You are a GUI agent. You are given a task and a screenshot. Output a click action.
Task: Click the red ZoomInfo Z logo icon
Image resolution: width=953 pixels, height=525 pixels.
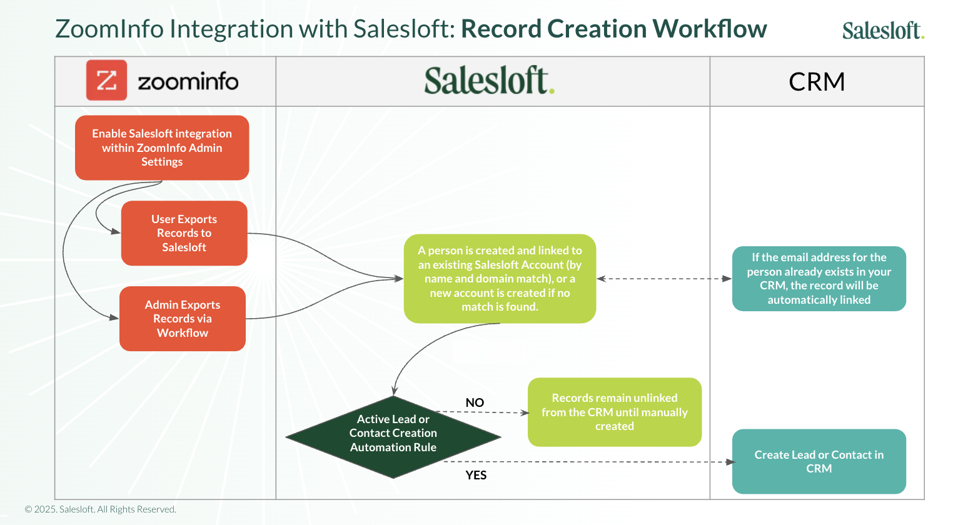[x=106, y=80]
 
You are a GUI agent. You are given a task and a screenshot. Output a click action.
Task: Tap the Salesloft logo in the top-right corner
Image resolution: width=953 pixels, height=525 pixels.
[x=882, y=30]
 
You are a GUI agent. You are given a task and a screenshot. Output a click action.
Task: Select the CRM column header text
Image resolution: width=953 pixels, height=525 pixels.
[x=817, y=82]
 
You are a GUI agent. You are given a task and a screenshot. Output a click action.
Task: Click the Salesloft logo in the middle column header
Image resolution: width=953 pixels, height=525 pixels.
[x=489, y=81]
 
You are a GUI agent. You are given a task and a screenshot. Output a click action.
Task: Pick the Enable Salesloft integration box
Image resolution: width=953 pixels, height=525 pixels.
[x=162, y=147]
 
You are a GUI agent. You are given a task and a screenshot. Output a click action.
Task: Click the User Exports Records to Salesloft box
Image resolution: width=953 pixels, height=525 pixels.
[x=184, y=233]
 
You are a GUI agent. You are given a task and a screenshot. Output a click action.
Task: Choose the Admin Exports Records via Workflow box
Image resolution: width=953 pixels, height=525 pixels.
[x=182, y=319]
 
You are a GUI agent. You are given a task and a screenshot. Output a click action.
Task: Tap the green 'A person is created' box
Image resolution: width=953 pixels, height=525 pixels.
[x=500, y=279]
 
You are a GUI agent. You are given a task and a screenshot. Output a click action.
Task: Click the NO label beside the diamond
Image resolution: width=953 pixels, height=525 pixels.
[x=475, y=402]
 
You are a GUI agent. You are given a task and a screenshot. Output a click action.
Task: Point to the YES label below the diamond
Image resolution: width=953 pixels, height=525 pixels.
[x=476, y=475]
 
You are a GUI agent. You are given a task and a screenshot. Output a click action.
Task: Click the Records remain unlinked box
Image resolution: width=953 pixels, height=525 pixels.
[x=614, y=412]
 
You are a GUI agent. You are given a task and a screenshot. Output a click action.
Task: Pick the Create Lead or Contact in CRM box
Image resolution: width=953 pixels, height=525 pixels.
[x=819, y=461]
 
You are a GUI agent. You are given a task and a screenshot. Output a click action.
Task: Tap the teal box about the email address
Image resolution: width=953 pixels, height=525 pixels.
[x=819, y=279]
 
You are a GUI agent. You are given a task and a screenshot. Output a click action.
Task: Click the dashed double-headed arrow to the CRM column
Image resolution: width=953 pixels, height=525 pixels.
[x=663, y=279]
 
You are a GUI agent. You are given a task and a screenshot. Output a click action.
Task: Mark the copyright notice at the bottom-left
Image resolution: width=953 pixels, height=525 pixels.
[x=101, y=509]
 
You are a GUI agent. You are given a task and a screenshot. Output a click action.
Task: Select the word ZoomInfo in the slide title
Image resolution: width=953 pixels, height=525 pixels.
[x=111, y=29]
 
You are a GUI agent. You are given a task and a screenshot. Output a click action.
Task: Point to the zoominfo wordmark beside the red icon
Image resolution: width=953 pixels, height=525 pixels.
[x=188, y=81]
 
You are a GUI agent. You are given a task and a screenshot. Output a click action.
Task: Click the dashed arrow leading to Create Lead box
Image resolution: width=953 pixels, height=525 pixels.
[x=588, y=462]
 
